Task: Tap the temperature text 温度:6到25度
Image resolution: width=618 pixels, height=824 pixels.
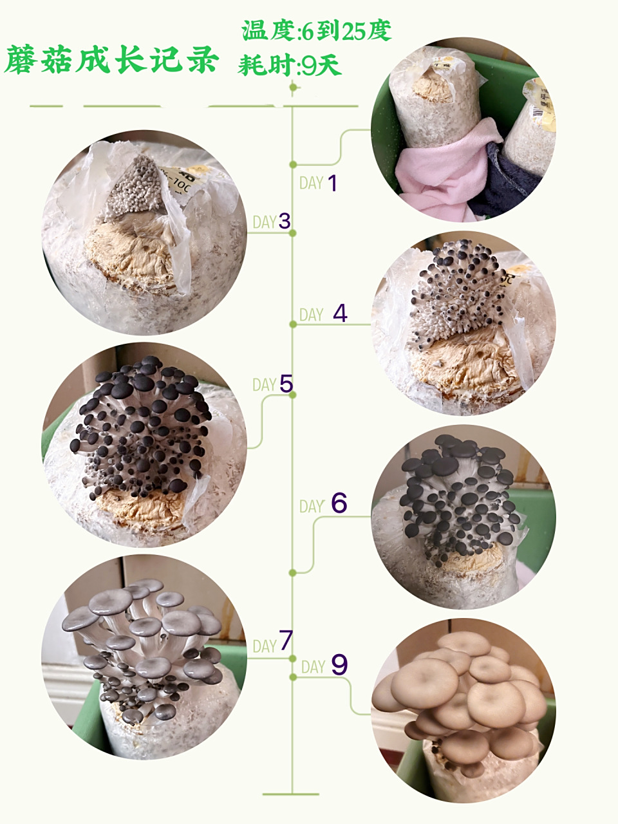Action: pos(316,30)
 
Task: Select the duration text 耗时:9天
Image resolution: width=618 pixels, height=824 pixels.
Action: pos(289,65)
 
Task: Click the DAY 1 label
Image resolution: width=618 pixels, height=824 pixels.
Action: pos(318,183)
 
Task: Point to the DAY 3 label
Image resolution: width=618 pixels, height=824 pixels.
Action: pos(272,221)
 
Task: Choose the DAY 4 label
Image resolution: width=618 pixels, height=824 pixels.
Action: pos(323,314)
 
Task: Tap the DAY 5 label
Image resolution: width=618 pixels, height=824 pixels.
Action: pos(272,384)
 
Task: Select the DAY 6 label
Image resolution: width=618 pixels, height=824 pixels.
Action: pos(323,504)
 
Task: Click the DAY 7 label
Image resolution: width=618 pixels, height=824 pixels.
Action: pos(272,642)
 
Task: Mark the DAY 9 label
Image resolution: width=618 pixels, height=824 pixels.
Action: pos(324,666)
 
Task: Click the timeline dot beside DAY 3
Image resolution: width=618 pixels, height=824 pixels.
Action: pos(293,234)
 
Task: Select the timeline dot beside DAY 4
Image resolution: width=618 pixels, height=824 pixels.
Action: pos(293,324)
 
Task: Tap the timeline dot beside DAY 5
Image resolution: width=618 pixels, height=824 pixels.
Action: pos(293,395)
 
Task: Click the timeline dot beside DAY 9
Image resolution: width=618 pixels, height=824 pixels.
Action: pos(293,677)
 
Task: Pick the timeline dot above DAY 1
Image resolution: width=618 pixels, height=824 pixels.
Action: pos(293,164)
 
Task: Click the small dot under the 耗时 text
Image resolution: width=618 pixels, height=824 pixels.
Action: pos(293,88)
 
